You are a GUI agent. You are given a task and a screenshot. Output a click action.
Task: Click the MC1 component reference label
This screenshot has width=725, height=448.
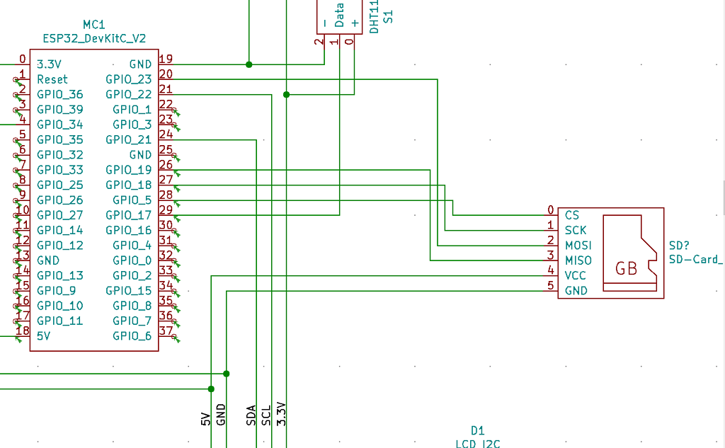[94, 25]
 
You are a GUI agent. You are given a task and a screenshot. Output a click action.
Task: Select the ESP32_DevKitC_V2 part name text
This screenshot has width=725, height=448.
[94, 38]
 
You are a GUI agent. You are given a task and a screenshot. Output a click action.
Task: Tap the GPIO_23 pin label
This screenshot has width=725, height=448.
[128, 79]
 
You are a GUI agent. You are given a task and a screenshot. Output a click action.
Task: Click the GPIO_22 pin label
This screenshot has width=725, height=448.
[128, 94]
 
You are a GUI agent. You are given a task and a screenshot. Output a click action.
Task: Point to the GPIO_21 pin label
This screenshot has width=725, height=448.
[128, 139]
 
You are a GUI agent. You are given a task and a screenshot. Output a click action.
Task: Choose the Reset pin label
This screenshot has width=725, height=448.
[52, 79]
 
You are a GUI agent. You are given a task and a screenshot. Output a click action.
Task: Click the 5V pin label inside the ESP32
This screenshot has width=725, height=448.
[45, 335]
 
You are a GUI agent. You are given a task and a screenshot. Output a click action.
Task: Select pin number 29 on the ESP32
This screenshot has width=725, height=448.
[166, 210]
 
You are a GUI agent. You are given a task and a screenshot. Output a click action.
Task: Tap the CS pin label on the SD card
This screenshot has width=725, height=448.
[572, 214]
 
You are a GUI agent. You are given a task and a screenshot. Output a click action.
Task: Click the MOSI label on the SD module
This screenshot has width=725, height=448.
[578, 245]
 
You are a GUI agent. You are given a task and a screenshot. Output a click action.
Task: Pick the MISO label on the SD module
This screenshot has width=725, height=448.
[578, 260]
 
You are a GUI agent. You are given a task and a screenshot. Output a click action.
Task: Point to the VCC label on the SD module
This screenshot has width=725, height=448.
[576, 275]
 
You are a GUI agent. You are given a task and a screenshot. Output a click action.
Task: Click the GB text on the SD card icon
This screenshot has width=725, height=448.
[627, 268]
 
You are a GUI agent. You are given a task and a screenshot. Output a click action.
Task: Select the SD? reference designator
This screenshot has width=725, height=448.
[679, 246]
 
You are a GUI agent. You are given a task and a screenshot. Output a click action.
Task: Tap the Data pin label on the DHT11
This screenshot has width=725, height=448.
[339, 16]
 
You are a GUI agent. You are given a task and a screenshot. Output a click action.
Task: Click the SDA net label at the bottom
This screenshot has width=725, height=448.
[251, 415]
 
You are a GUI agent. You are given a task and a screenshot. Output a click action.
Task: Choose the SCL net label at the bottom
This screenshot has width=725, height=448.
[266, 415]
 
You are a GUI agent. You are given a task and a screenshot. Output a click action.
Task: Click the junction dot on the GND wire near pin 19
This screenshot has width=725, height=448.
[249, 64]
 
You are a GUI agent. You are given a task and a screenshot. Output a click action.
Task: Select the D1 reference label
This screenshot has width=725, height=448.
[477, 430]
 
